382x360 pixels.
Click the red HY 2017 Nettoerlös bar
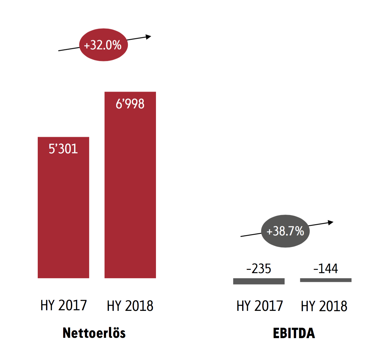coord(63,207)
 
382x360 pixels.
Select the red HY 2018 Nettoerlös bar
coord(130,185)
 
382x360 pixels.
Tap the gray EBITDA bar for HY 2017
coord(259,281)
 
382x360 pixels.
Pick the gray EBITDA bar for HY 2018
coord(326,280)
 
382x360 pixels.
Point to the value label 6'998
coord(130,104)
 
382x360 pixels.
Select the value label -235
coord(259,268)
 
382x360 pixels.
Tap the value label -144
coord(325,268)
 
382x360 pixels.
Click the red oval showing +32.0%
coord(104,45)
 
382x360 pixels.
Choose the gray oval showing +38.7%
coord(285,231)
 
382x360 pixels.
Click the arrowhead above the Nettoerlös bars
coord(148,37)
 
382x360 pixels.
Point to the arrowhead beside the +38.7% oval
coord(331,223)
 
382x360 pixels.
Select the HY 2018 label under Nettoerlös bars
coord(130,306)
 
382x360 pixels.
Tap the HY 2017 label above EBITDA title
coord(260,306)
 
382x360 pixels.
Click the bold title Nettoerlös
coord(94,333)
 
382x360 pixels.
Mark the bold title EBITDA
coord(294,333)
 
